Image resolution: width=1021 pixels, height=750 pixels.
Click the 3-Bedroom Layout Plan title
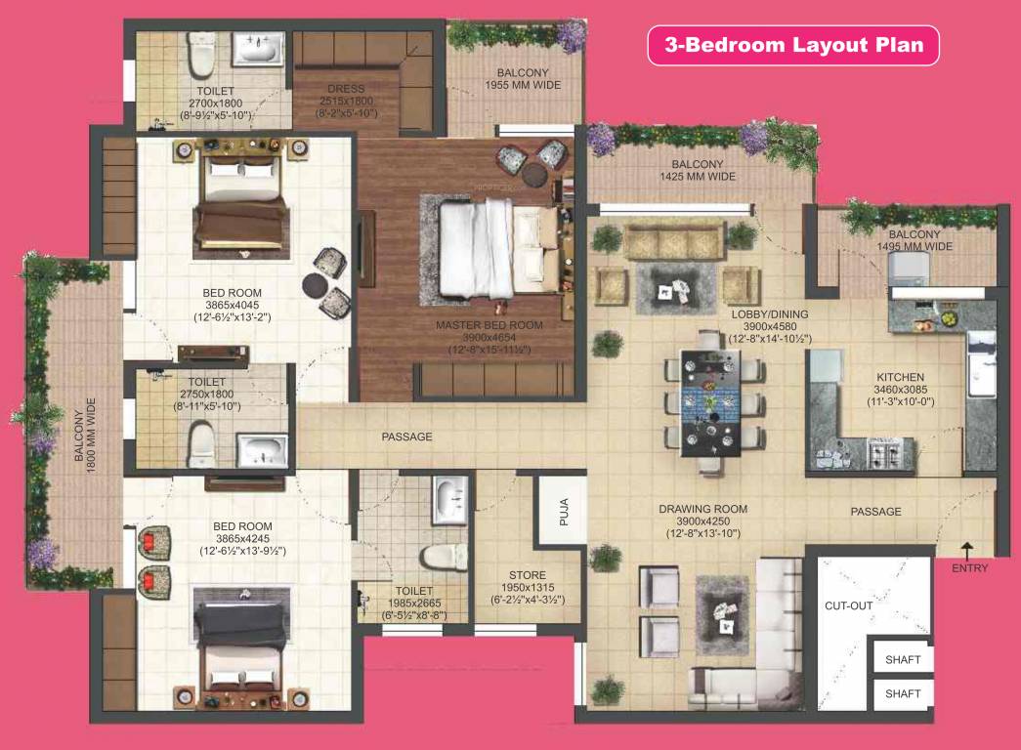[793, 45]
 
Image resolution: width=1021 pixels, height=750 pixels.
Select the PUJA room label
[564, 512]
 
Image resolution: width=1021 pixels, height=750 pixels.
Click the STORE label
[527, 575]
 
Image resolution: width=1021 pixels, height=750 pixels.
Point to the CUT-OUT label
[848, 605]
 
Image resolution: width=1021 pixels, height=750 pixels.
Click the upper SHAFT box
[902, 660]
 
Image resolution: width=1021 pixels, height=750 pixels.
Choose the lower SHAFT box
[902, 694]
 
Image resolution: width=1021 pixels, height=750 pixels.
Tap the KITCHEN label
[900, 377]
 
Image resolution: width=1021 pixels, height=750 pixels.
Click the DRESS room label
[345, 90]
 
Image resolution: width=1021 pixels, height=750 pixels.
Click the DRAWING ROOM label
[702, 509]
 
